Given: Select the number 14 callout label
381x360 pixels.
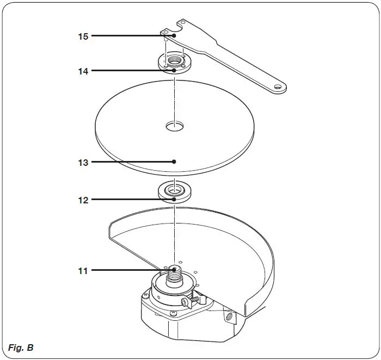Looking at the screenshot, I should [82, 71].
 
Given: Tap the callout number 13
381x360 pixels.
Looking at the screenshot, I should [82, 162].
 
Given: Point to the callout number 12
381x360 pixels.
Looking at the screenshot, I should [82, 200].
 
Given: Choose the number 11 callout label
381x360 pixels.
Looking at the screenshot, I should [82, 270].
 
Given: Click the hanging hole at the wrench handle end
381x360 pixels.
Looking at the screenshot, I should [278, 86].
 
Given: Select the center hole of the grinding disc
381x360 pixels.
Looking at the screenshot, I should [175, 126].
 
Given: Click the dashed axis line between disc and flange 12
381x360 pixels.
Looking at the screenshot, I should [174, 180].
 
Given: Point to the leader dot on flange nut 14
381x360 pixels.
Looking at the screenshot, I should [174, 71].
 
